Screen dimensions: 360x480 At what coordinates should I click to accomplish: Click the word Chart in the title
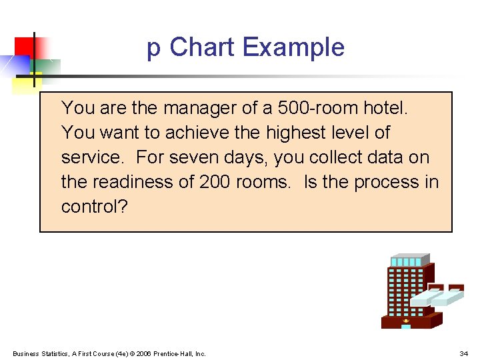pos(202,47)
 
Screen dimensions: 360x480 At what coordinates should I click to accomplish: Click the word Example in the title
pos(293,47)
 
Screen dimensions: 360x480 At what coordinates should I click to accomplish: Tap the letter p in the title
pos(153,49)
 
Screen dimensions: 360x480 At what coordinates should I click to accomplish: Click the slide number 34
pos(463,353)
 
